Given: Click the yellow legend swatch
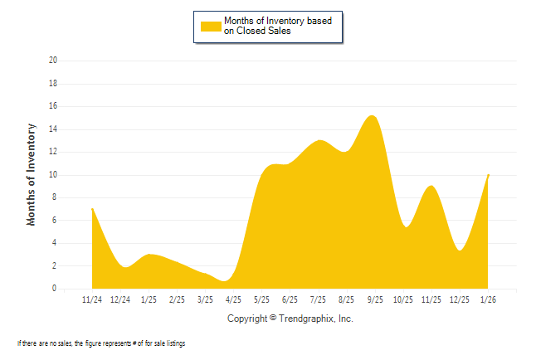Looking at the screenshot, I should [x=211, y=26].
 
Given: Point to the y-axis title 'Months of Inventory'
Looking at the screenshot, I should [x=32, y=174].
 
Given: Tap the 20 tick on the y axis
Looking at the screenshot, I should [x=53, y=61].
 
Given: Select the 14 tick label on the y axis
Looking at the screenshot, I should [x=53, y=129].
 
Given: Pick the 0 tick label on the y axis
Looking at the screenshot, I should [x=55, y=289].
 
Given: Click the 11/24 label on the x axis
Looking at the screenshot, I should [x=92, y=299].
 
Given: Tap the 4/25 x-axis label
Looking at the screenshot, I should [x=233, y=299].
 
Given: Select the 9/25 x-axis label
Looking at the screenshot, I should [x=374, y=299].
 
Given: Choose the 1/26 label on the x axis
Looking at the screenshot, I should [x=487, y=299].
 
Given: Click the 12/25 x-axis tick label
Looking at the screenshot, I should [x=459, y=299].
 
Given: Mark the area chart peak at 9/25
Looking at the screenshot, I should [x=373, y=116].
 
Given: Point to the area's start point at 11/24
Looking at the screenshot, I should [x=92, y=208].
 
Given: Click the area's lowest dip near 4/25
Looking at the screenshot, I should [x=226, y=281].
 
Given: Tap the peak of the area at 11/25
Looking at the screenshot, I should [x=430, y=186].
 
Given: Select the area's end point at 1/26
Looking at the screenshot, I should [x=488, y=175].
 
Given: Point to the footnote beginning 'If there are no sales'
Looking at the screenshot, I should [x=100, y=343].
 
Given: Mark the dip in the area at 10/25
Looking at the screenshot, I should [x=406, y=226].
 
